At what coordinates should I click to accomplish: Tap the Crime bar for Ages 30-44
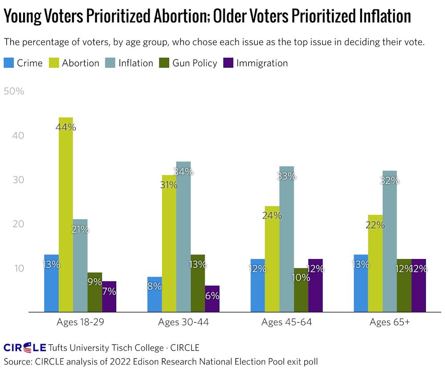click(x=154, y=294)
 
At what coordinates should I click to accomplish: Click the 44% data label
click(x=66, y=127)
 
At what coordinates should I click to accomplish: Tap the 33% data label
click(x=286, y=176)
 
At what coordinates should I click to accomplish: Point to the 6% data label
click(x=212, y=295)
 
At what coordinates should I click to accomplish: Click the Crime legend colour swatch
click(x=9, y=63)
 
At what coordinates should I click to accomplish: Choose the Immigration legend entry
click(x=262, y=63)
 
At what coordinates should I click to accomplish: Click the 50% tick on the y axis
click(x=14, y=91)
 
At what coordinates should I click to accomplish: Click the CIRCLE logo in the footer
click(x=25, y=347)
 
